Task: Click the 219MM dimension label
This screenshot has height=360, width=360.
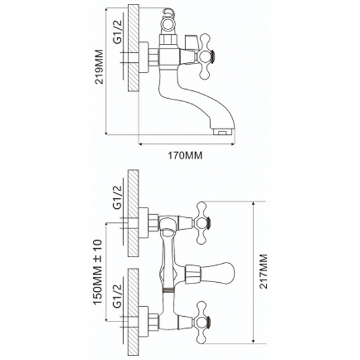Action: click(x=99, y=67)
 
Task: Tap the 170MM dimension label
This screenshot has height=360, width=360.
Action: click(x=185, y=156)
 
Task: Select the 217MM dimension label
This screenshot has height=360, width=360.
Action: click(x=263, y=272)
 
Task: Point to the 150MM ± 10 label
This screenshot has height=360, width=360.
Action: click(x=98, y=272)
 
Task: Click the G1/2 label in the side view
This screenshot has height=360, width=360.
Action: click(x=117, y=31)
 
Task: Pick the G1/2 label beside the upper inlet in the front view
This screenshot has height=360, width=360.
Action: click(x=117, y=197)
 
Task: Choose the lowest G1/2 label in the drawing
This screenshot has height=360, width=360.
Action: click(x=117, y=296)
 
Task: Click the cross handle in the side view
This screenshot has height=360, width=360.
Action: click(x=205, y=56)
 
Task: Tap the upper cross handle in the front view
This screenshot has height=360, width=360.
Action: click(x=202, y=223)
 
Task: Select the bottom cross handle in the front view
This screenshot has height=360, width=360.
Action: click(x=202, y=322)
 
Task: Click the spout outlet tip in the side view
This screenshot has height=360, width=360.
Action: click(x=223, y=132)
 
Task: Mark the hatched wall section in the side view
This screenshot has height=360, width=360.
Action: click(x=134, y=48)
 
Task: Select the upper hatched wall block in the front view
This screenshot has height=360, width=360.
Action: click(x=133, y=213)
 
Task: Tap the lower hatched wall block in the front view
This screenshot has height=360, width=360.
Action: click(x=133, y=312)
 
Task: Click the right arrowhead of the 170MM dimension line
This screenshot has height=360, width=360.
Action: click(x=233, y=144)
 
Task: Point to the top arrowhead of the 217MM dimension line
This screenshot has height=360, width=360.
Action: click(x=253, y=204)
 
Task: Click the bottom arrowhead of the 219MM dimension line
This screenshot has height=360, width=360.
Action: click(x=106, y=133)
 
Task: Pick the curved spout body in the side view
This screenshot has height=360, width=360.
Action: click(x=195, y=99)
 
